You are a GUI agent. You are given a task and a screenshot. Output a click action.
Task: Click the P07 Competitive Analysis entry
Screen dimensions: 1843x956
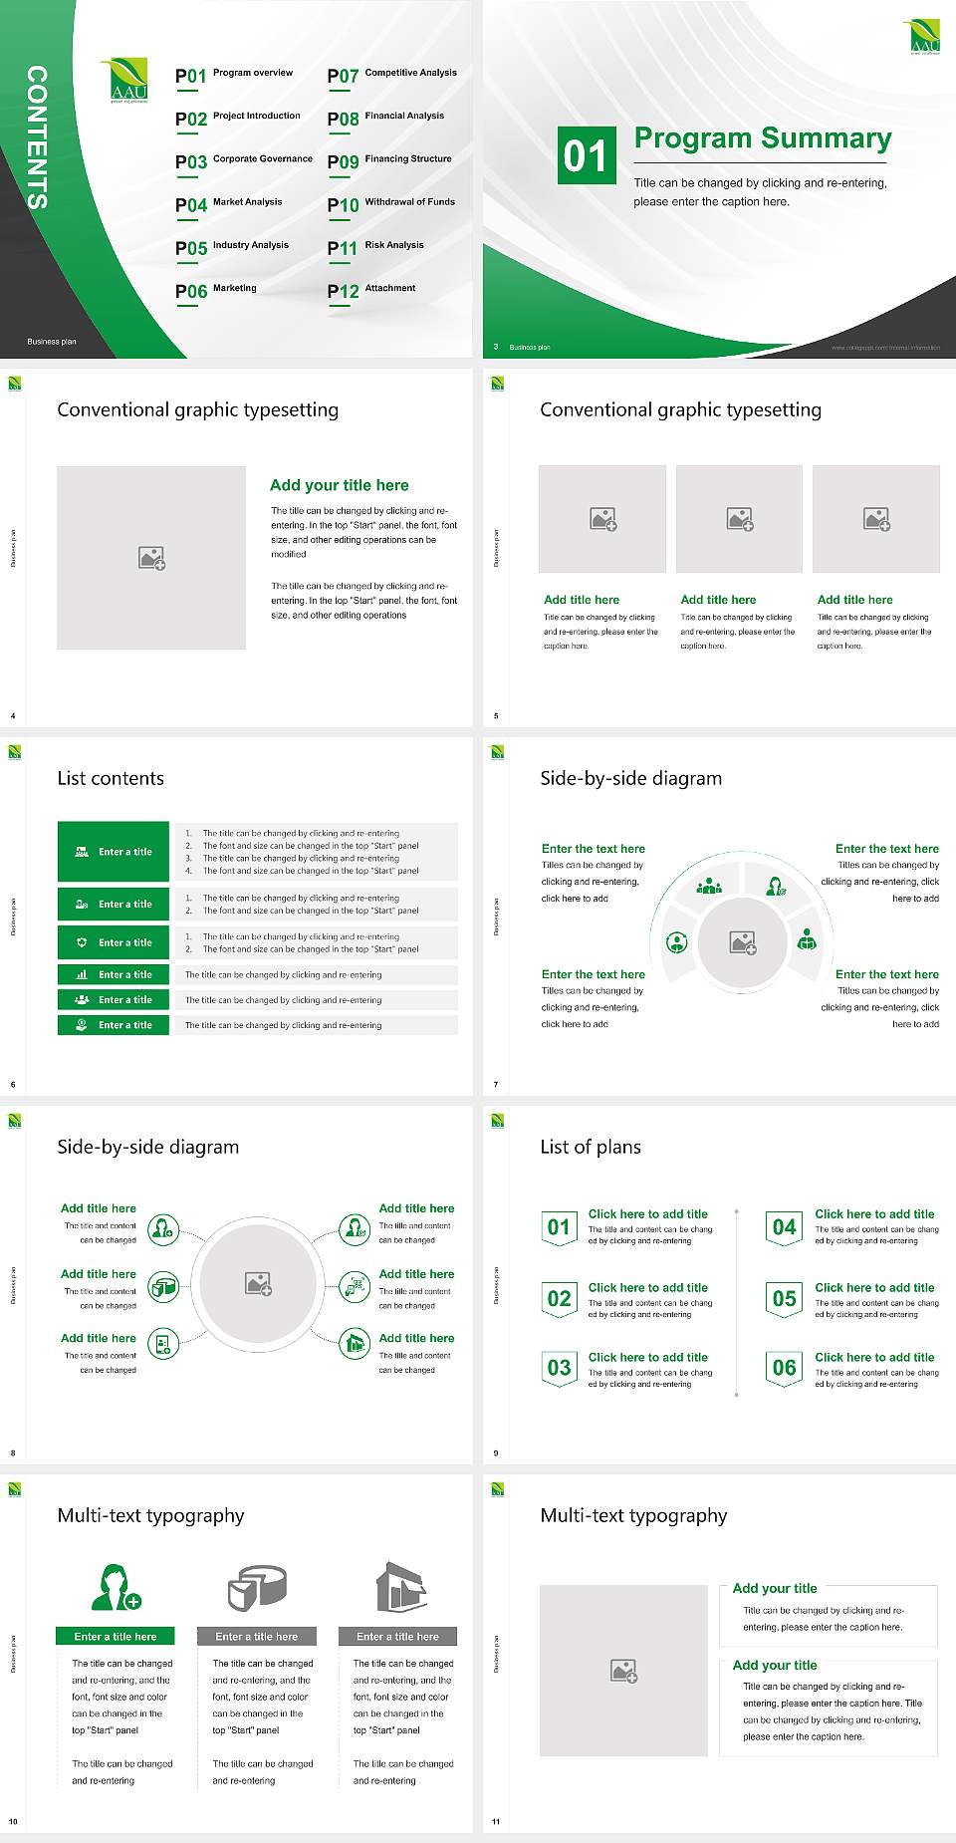(x=391, y=75)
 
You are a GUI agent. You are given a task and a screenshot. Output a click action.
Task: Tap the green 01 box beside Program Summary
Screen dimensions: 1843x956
(x=585, y=155)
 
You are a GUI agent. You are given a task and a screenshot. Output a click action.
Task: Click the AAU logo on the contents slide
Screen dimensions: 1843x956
(x=128, y=81)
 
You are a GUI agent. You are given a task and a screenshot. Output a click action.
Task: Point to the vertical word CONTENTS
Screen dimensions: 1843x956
(x=37, y=137)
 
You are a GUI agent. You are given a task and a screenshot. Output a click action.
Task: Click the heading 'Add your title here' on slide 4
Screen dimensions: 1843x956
(x=339, y=485)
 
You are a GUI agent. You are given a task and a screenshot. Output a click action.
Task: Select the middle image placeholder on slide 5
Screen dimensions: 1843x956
(x=739, y=519)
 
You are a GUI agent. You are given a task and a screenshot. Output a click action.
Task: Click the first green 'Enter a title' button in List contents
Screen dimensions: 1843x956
(x=114, y=852)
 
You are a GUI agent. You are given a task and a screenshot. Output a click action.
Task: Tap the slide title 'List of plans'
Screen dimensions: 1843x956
(x=590, y=1147)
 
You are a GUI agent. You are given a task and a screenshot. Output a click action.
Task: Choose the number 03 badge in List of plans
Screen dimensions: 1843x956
(x=559, y=1368)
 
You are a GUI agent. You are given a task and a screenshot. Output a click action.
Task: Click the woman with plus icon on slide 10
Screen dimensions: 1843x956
(x=115, y=1588)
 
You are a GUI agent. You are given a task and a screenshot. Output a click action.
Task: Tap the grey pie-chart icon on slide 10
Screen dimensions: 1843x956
(x=257, y=1588)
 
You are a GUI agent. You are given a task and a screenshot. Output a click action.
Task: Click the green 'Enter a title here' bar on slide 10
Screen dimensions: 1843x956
(x=116, y=1637)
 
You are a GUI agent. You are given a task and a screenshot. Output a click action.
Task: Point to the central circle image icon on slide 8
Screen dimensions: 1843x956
(x=259, y=1283)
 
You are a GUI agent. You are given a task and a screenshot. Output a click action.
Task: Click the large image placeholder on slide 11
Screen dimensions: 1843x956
(x=623, y=1671)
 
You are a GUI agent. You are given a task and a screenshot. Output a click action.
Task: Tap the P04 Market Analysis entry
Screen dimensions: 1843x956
(x=229, y=204)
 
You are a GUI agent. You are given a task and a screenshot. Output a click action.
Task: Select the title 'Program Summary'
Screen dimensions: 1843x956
(x=762, y=138)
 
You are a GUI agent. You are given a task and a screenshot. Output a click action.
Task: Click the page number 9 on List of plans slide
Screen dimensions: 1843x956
(x=496, y=1452)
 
